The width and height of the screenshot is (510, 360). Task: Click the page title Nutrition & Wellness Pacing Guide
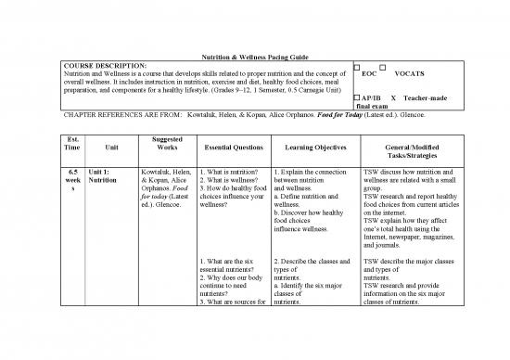coord(254,58)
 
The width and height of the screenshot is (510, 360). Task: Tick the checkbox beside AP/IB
coord(357,96)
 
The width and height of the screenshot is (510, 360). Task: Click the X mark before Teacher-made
coord(394,96)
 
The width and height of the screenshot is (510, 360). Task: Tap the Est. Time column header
coord(72,146)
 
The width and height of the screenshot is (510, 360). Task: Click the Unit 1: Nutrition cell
coord(105,176)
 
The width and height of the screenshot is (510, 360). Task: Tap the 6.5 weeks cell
coord(72,176)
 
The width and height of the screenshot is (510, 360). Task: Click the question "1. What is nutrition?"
coord(227,172)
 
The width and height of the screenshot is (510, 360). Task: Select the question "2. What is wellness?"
coord(228,181)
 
